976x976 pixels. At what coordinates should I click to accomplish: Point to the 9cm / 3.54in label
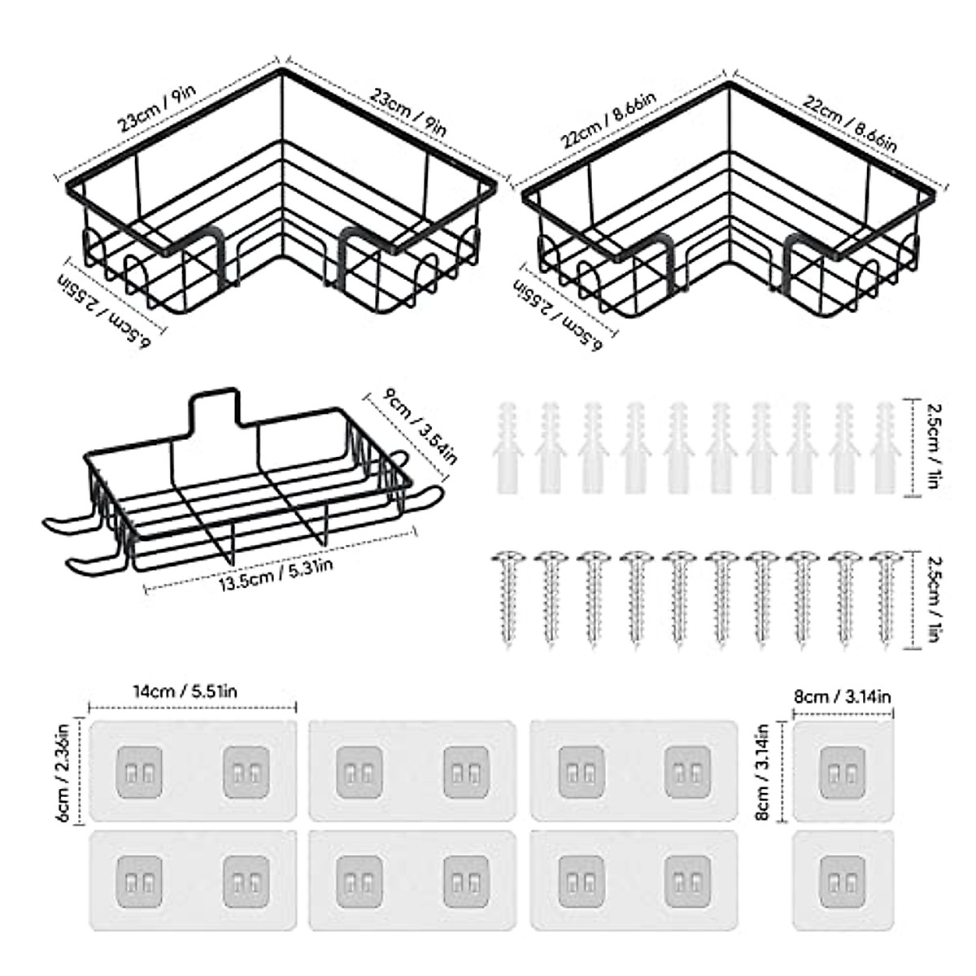click(x=420, y=427)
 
